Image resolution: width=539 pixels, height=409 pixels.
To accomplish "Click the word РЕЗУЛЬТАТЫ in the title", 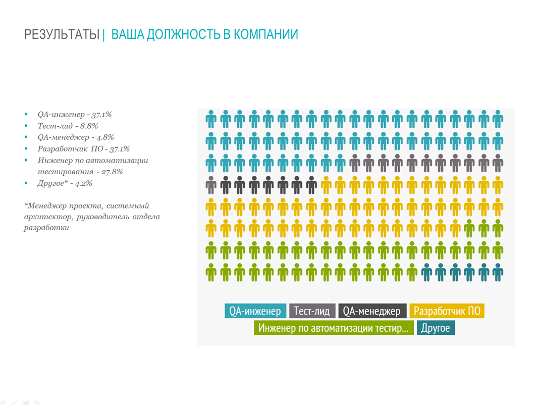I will coord(62,35).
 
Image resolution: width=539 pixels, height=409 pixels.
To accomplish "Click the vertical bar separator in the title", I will coord(103,35).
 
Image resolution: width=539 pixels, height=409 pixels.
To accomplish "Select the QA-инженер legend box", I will coord(255,311).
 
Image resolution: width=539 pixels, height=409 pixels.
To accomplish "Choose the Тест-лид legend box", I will coord(311,311).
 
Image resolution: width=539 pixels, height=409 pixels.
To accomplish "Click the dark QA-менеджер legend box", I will coord(372,311).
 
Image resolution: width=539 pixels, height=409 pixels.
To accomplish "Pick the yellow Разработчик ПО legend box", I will coord(447,311).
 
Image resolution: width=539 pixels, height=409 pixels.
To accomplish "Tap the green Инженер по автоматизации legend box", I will coord(334,328).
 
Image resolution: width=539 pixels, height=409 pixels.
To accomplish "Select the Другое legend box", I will coord(436,328).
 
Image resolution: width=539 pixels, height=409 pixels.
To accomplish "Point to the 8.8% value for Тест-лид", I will coord(89,126).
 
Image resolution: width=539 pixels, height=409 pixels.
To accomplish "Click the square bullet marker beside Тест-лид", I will coord(26,126).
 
